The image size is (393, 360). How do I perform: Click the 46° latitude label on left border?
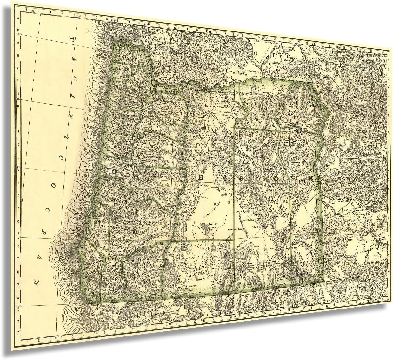[x=18, y=33]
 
